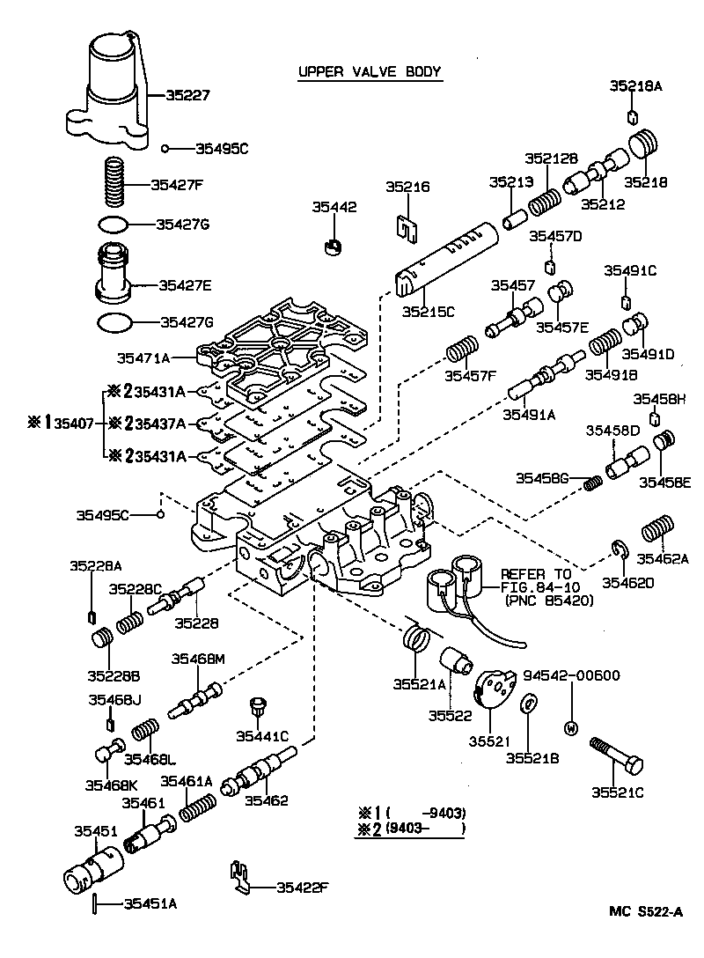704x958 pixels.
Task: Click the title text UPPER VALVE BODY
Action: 369,71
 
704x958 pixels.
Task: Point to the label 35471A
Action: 144,358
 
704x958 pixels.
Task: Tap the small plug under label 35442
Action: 332,246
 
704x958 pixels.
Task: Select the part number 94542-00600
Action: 571,676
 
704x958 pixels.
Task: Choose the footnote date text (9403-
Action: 407,829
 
